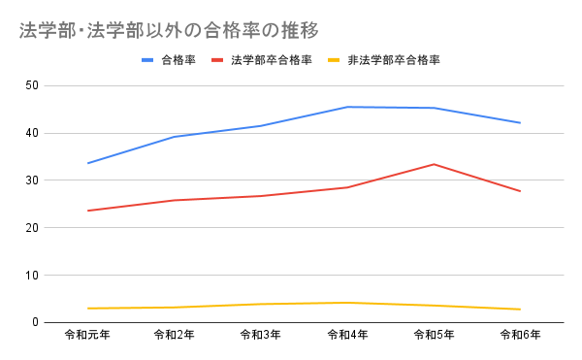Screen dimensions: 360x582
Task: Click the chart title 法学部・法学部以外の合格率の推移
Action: click(x=169, y=30)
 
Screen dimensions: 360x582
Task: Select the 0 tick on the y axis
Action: click(x=35, y=322)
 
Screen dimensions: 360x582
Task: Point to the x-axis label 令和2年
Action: click(x=175, y=336)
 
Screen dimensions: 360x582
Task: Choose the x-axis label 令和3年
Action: click(x=261, y=336)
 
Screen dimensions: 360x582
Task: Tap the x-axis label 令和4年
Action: click(x=347, y=336)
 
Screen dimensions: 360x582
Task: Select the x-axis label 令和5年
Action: click(x=434, y=336)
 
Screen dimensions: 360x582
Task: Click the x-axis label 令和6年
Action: click(x=520, y=336)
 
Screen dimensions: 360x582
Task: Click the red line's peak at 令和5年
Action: click(x=434, y=164)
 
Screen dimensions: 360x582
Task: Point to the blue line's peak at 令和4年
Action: click(x=347, y=107)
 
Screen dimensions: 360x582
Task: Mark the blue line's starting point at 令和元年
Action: click(x=88, y=163)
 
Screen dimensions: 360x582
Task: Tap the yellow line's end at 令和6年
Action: click(x=520, y=310)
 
